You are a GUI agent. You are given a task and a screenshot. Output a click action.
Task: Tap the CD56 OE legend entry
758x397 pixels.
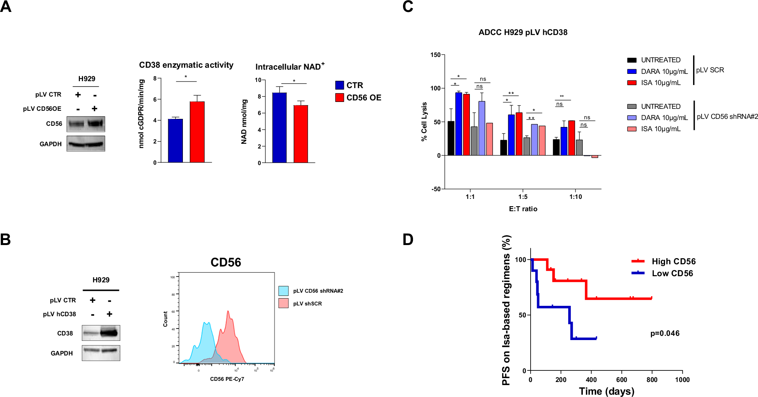tap(363, 98)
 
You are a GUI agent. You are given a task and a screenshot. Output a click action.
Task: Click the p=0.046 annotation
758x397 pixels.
tap(665, 333)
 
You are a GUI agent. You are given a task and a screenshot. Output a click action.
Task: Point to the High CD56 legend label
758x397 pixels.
tap(673, 262)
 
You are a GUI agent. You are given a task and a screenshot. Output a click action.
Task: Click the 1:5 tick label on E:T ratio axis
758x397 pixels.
tap(522, 197)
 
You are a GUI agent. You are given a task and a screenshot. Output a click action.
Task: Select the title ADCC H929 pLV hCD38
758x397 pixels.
tap(523, 32)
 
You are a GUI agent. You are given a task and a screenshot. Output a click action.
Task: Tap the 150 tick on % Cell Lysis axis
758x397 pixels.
tap(435, 55)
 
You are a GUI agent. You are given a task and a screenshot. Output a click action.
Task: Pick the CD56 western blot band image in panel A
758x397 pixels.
tap(86, 124)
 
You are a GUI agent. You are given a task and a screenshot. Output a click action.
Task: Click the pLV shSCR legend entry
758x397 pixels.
tap(307, 304)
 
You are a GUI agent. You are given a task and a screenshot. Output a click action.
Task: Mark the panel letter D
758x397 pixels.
tap(408, 240)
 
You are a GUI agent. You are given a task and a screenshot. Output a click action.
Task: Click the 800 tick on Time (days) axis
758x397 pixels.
tap(652, 380)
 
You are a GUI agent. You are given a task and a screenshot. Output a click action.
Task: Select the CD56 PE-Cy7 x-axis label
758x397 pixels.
tap(227, 379)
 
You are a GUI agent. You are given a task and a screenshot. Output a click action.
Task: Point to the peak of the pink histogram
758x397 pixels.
tap(228, 312)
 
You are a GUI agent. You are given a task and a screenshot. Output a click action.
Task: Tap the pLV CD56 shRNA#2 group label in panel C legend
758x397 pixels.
tap(727, 117)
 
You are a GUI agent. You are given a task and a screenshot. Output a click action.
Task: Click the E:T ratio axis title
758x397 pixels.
tap(523, 209)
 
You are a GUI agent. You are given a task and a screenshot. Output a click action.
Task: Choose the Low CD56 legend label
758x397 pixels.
tap(672, 274)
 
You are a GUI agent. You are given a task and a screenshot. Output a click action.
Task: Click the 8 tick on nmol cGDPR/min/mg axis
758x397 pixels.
tap(155, 78)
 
